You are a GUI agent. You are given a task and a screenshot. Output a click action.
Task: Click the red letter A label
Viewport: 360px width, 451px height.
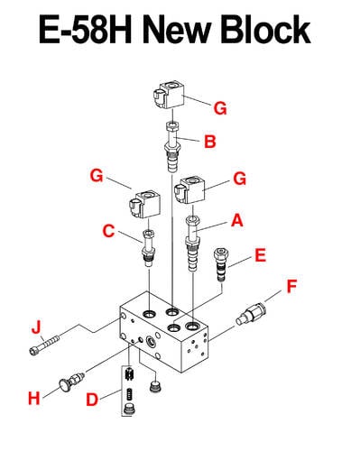coord(237,220)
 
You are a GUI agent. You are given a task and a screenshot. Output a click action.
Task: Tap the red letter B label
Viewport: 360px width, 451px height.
coord(210,142)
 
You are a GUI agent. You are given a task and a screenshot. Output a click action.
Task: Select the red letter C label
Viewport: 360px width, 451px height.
coord(108,231)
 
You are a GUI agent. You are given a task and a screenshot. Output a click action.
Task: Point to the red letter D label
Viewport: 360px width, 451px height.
coord(92,400)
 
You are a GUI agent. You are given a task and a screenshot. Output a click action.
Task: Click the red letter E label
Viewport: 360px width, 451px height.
coord(261,255)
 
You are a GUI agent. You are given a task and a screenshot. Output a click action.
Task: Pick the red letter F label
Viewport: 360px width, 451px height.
coord(291,286)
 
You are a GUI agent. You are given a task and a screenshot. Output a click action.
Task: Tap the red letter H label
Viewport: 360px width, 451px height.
coord(34,398)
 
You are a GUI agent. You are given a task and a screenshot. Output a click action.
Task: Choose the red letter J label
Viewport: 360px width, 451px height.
coord(36,327)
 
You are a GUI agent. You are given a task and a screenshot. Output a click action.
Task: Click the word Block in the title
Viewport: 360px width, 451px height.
coord(266,30)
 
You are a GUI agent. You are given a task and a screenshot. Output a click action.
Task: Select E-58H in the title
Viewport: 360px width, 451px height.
coord(86,30)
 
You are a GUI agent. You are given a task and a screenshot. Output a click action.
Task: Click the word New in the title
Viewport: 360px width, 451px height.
coord(176,30)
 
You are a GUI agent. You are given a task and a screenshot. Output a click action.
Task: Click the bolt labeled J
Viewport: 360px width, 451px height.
coord(45,345)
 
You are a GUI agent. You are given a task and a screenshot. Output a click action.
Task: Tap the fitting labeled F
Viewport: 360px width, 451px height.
coord(252,314)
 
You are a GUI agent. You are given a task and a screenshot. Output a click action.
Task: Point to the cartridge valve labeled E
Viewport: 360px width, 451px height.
coord(221,264)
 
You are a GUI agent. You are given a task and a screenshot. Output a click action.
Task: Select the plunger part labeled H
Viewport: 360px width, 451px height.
coord(70,382)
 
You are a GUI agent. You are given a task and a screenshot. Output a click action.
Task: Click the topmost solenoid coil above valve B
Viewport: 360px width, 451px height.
coord(169,95)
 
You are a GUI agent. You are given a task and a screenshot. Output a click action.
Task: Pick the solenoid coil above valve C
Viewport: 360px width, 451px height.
coord(144,205)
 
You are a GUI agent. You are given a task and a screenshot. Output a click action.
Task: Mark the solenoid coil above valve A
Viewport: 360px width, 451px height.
coord(189,191)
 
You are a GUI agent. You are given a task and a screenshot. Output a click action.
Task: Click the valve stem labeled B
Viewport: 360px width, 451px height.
coord(172,146)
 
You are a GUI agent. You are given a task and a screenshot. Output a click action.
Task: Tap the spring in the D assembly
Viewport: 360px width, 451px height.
coord(129,394)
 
